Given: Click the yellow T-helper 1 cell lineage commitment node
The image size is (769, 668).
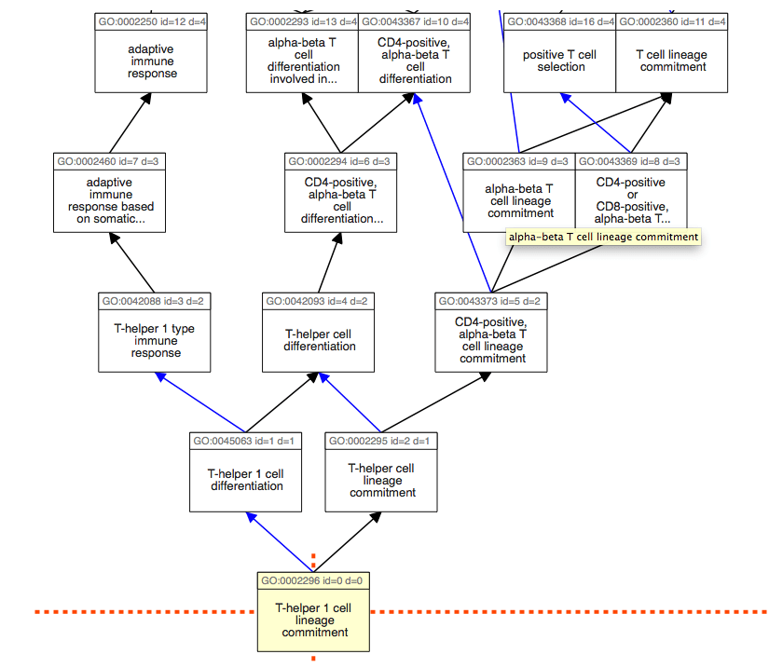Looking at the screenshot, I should point(313,620).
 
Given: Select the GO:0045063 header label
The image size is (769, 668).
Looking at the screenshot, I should point(245,441).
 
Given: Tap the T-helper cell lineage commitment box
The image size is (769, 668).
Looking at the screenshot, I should point(381,480).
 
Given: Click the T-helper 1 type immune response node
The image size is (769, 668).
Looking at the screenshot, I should point(155,340).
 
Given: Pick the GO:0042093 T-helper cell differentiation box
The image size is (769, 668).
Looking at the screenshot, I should point(320,340).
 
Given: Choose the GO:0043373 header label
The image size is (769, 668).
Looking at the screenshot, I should point(490,301).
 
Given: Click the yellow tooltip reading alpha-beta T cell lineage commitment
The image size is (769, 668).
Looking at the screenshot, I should point(603,237).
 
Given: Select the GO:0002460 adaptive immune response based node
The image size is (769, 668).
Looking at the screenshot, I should point(110,200).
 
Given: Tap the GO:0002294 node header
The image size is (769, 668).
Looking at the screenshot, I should point(341,161).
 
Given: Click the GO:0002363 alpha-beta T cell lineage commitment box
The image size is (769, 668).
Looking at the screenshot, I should point(519,196).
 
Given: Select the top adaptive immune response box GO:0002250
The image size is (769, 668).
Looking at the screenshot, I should point(152,61).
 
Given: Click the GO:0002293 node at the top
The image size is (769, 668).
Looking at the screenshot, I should point(302,61).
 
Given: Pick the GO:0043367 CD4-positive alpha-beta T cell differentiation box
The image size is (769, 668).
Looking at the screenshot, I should point(415,61).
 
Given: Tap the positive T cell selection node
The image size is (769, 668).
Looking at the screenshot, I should point(560,61).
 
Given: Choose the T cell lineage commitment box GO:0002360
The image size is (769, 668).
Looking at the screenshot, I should point(671,61).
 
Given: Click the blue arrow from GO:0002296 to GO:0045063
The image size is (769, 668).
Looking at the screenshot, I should point(280,541).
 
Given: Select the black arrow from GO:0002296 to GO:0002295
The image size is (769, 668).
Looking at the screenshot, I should point(347,541).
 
